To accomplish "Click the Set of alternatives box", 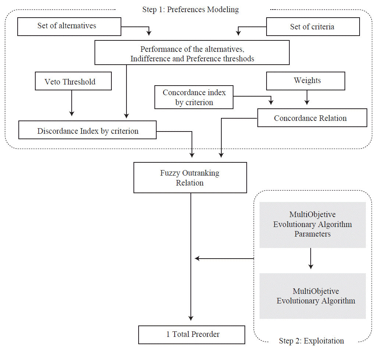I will pyautogui.click(x=69, y=26).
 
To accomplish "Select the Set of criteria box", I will pyautogui.click(x=313, y=27).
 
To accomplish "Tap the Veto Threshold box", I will pyautogui.click(x=73, y=82).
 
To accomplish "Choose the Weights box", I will pyautogui.click(x=306, y=81).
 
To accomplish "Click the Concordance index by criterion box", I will pyautogui.click(x=194, y=98).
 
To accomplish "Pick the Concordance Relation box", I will pyautogui.click(x=312, y=118).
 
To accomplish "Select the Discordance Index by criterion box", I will pyautogui.click(x=87, y=131).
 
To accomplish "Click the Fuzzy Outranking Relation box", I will pyautogui.click(x=190, y=178).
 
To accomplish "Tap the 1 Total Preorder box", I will pyautogui.click(x=192, y=334).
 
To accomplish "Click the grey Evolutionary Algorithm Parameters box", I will pyautogui.click(x=313, y=224).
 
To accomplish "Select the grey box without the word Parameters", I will pyautogui.click(x=313, y=296).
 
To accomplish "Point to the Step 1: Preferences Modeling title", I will pyautogui.click(x=190, y=10).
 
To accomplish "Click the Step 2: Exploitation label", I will pyautogui.click(x=311, y=341).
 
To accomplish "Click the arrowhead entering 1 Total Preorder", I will pyautogui.click(x=191, y=318).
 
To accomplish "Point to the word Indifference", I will pyautogui.click(x=150, y=59).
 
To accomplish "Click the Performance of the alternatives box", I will pyautogui.click(x=192, y=53).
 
